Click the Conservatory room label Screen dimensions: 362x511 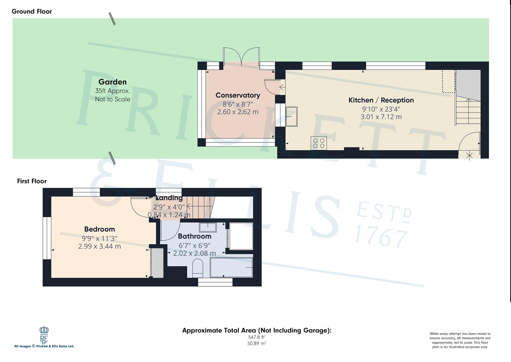pos(238,95)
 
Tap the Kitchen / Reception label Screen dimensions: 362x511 pos(381,100)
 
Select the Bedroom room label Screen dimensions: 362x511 pos(99,229)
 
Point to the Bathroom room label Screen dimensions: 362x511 pos(194,236)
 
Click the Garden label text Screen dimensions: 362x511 pos(112,82)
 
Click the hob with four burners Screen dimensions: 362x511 pos(319,143)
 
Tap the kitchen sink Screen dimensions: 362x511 pos(291,116)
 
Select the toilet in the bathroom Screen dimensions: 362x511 pos(198,268)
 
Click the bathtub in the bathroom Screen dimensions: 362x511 pos(231,267)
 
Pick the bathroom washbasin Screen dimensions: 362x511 pos(208,227)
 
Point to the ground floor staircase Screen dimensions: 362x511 pos(468,111)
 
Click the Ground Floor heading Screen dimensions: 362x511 pos(32,11)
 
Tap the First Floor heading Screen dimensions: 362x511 pos(32,181)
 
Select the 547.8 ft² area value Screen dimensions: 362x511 pos(257,337)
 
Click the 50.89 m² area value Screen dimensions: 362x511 pos(257,343)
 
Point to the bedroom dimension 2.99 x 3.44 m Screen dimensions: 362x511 pos(99,246)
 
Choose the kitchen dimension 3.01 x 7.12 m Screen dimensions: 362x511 pos(381,117)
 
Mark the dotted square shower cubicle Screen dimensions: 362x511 pos(241,236)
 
